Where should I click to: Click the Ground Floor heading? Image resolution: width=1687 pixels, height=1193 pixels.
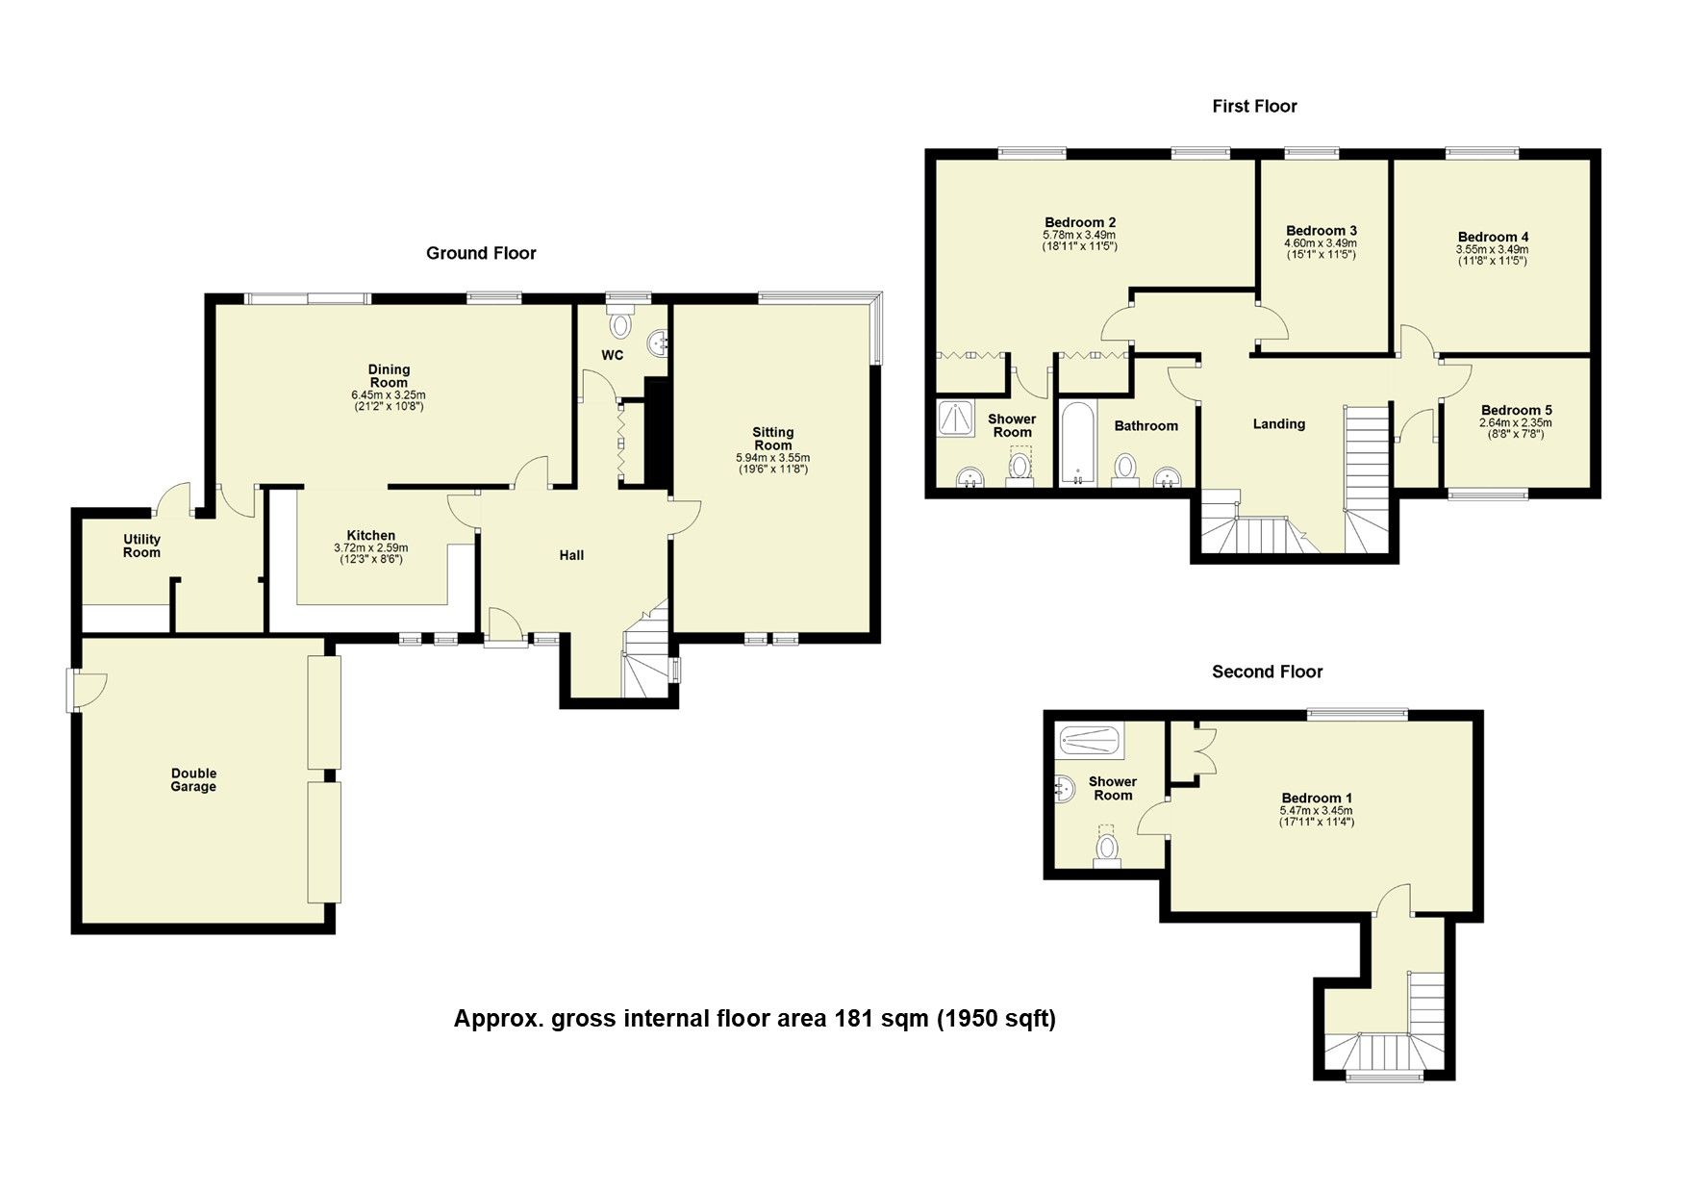(x=481, y=253)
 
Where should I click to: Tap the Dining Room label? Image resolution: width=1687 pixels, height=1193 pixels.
(x=389, y=376)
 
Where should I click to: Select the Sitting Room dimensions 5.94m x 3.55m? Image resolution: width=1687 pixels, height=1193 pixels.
(x=772, y=458)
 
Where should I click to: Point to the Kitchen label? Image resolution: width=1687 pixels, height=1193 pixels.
(x=370, y=536)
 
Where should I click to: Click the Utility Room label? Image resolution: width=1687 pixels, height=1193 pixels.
(x=141, y=546)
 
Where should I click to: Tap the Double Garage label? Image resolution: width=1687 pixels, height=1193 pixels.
(x=193, y=779)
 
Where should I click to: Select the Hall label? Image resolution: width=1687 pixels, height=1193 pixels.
(x=571, y=555)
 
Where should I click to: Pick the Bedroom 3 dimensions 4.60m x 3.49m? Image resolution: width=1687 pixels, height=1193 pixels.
(x=1321, y=243)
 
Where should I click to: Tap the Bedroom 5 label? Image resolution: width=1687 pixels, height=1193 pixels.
(x=1516, y=410)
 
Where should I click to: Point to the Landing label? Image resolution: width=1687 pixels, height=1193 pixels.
(x=1278, y=423)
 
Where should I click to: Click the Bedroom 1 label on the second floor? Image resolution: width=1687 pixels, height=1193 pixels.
(x=1317, y=798)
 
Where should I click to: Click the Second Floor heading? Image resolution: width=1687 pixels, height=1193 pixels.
(x=1267, y=672)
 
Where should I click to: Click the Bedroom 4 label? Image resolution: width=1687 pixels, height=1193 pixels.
(x=1493, y=237)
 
